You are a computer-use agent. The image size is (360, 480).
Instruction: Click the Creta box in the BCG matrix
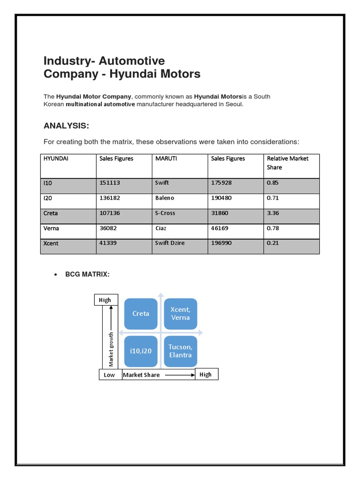click(141, 314)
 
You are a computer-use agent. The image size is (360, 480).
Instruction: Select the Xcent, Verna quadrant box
click(180, 314)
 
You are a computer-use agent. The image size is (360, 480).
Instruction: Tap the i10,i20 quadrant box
click(141, 351)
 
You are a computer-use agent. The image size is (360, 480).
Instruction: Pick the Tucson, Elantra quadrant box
click(180, 351)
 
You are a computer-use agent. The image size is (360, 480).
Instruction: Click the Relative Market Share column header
click(287, 163)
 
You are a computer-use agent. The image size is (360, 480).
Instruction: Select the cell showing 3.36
click(273, 213)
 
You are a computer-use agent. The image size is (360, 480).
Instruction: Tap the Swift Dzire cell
click(170, 243)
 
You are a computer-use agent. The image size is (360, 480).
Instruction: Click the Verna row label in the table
click(51, 228)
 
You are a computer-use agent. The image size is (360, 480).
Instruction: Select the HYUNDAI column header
click(56, 158)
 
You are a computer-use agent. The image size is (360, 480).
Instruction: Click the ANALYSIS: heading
click(66, 126)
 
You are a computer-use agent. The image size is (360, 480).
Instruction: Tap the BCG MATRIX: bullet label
click(87, 274)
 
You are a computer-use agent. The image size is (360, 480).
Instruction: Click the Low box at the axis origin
click(109, 375)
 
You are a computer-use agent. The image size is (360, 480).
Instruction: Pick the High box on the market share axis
click(205, 374)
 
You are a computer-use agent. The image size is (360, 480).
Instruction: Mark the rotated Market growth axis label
click(111, 349)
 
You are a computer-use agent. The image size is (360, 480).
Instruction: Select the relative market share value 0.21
click(272, 243)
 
